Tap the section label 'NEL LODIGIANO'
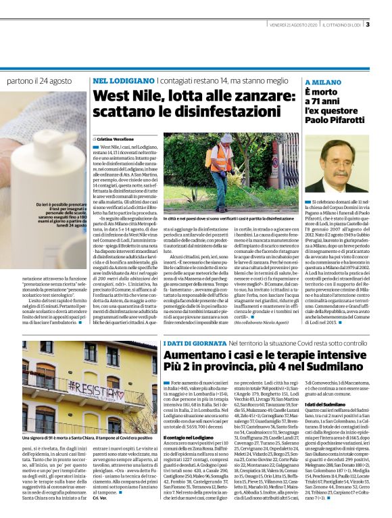click(x=121, y=81)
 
